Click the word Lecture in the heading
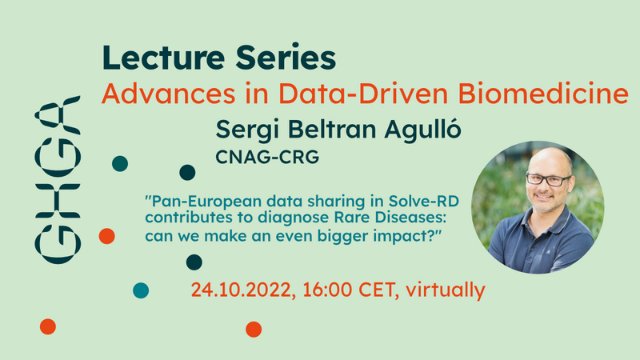coord(163,57)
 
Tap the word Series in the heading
coord(286,57)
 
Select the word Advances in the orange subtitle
coord(169,94)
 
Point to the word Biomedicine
coord(543,94)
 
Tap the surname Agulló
coord(423,130)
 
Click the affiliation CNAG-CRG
coord(267,157)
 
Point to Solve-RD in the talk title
coord(424,202)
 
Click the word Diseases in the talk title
coord(410,218)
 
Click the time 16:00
coord(327,290)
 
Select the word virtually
coord(446,290)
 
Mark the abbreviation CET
coord(378,290)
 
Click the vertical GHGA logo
coord(58,179)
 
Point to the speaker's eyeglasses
coord(549,179)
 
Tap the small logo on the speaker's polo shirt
coord(548,252)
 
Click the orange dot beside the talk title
coord(107,236)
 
